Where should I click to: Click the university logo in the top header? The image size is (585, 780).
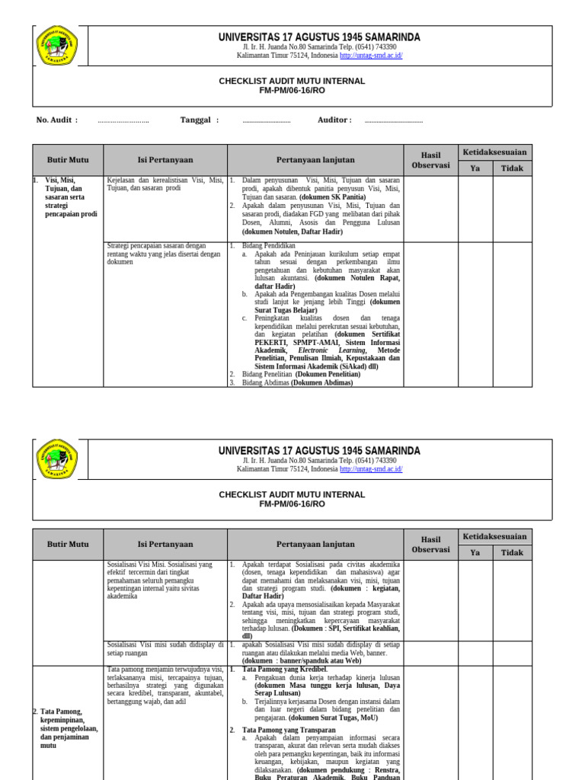point(57,46)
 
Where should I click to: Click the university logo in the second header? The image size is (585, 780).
point(57,459)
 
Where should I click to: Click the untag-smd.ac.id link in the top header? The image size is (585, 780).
point(371,56)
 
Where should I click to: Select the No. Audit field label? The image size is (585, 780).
point(56,120)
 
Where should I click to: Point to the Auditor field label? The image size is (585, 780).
point(334,120)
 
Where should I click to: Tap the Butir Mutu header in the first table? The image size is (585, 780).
point(68,160)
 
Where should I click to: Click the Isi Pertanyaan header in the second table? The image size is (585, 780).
point(165,545)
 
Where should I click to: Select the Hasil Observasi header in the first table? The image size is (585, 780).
point(430,160)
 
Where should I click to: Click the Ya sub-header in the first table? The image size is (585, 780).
point(475,168)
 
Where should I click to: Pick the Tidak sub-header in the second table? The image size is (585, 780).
point(512,553)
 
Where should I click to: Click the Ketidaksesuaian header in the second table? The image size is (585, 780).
point(494,536)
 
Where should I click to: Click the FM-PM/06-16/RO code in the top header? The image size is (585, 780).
point(292,90)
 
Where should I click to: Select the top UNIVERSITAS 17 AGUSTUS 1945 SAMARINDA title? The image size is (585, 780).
point(319,37)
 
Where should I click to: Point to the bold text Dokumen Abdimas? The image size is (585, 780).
point(322,383)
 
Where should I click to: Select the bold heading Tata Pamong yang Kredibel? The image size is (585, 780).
point(284,669)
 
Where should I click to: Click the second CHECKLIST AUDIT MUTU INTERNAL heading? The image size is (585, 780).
point(292,494)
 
